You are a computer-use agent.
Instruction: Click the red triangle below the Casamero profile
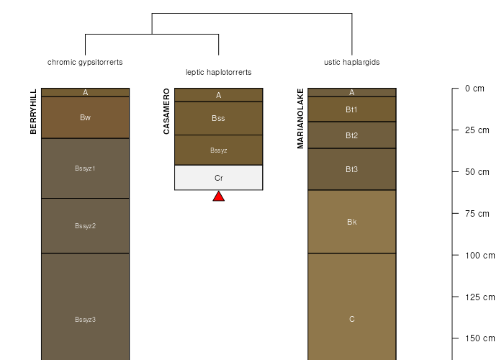click(x=218, y=196)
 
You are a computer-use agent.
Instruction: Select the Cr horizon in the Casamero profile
click(x=218, y=178)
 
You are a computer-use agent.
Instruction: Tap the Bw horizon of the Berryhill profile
click(x=85, y=117)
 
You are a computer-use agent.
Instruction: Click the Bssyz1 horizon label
click(x=85, y=168)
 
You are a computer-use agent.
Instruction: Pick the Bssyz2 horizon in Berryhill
click(x=85, y=226)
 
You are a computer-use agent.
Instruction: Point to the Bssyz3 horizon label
click(x=85, y=320)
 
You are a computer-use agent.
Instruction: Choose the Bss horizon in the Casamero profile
click(x=218, y=118)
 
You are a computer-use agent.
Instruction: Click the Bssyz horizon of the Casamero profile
click(x=218, y=150)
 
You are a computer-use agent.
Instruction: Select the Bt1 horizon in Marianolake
click(x=351, y=109)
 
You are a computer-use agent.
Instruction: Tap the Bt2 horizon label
click(x=351, y=135)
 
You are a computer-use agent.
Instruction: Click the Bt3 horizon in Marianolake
click(x=351, y=169)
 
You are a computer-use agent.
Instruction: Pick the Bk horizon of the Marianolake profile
click(x=351, y=222)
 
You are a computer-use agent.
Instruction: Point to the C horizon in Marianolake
click(x=351, y=320)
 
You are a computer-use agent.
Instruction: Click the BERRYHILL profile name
click(x=33, y=112)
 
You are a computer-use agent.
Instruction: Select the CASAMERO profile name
click(x=166, y=112)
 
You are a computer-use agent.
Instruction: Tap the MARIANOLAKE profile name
click(x=300, y=118)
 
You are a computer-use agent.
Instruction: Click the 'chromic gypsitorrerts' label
click(x=85, y=62)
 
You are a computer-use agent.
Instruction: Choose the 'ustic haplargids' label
click(x=351, y=62)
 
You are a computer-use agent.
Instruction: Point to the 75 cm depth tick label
click(x=477, y=213)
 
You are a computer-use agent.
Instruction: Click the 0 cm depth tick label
click(x=474, y=89)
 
